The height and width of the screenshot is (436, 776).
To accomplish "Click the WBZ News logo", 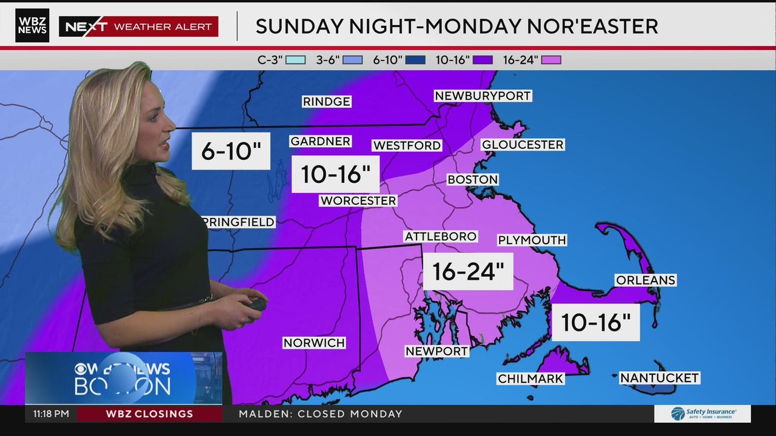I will [32, 25].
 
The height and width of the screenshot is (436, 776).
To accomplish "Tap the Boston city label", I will [472, 180].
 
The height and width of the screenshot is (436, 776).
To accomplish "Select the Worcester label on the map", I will [358, 200].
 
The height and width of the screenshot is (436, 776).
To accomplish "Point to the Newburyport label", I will [483, 96].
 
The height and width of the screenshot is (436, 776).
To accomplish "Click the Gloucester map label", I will [522, 145].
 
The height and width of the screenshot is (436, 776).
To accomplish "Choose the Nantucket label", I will [659, 378].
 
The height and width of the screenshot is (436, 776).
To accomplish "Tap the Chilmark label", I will [530, 378].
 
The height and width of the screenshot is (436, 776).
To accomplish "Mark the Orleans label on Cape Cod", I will [645, 280].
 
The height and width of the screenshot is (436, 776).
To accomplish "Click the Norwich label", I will [314, 343].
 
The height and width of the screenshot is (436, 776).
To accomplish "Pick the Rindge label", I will [326, 102].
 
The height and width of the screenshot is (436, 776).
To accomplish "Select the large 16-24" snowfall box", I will [467, 271].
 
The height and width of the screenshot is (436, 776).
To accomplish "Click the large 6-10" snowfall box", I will [231, 151].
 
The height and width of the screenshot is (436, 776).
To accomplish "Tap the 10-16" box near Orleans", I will [595, 322].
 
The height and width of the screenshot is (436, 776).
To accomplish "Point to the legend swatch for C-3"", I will [296, 60].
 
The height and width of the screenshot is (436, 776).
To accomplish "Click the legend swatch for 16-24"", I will [551, 60].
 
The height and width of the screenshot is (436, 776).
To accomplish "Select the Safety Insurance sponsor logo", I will [702, 414].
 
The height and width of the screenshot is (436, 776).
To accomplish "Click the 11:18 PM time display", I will [51, 414].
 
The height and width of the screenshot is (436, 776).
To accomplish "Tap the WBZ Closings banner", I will [149, 414].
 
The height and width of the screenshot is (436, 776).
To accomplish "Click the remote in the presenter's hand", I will [257, 304].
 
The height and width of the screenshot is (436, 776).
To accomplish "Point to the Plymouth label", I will [532, 240].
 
